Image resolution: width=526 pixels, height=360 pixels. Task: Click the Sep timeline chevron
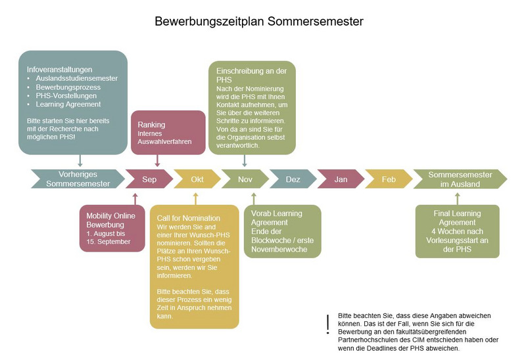pyautogui.click(x=149, y=179)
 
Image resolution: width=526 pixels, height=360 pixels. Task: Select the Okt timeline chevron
pyautogui.click(x=197, y=179)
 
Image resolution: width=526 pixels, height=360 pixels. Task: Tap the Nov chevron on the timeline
pyautogui.click(x=245, y=179)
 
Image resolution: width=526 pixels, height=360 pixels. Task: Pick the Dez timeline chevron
pyautogui.click(x=293, y=179)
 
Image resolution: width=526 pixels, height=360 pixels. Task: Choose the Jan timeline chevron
pyautogui.click(x=341, y=179)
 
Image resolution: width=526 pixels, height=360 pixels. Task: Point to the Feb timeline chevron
pyautogui.click(x=389, y=179)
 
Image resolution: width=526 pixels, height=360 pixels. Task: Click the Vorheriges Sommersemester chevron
pyautogui.click(x=78, y=179)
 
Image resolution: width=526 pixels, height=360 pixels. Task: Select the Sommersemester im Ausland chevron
pyautogui.click(x=460, y=179)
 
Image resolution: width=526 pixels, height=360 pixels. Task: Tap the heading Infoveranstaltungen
pyautogui.click(x=59, y=70)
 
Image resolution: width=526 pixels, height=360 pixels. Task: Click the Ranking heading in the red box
pyautogui.click(x=151, y=125)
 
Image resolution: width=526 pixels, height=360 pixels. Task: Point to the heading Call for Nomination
pyautogui.click(x=189, y=218)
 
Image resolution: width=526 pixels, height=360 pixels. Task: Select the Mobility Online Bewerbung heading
pyautogui.click(x=110, y=220)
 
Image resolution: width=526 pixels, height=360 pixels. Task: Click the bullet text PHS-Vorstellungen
pyautogui.click(x=66, y=95)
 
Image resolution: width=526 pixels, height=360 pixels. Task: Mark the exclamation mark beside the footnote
pyautogui.click(x=327, y=325)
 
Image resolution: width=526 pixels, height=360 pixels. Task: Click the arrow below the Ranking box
pyautogui.click(x=157, y=161)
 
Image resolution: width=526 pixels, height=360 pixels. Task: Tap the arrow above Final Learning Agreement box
pyautogui.click(x=457, y=199)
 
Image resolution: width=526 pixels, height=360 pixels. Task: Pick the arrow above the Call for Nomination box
pyautogui.click(x=195, y=199)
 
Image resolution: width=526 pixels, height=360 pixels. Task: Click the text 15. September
pyautogui.click(x=108, y=241)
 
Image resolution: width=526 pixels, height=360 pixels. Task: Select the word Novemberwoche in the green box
pyautogui.click(x=279, y=249)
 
